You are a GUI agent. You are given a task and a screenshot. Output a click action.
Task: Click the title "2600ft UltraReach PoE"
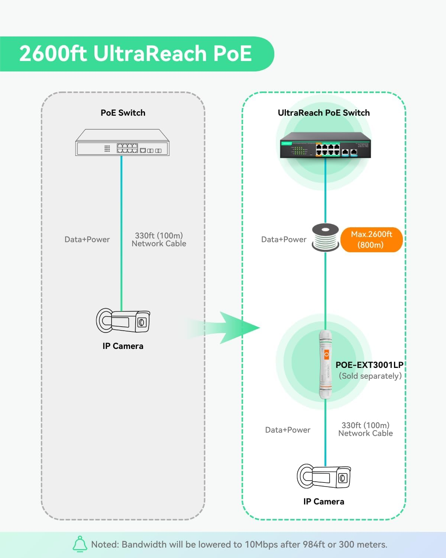[x=136, y=54]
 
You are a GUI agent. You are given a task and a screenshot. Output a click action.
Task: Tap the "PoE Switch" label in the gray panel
[x=123, y=113]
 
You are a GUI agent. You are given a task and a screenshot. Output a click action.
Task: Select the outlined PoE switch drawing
[x=122, y=143]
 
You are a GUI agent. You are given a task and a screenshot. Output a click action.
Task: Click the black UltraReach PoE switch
[x=325, y=145]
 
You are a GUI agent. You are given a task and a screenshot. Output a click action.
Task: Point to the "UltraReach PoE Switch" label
[x=324, y=113]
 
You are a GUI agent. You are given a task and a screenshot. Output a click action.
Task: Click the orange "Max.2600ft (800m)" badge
[x=371, y=240]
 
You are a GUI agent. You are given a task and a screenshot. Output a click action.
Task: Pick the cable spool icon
[x=326, y=237]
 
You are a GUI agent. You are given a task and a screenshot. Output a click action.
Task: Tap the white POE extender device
[x=326, y=365]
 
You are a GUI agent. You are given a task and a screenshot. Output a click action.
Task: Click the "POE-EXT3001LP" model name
[x=369, y=365]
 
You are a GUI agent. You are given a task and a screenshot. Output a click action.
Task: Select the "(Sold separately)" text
[x=370, y=376]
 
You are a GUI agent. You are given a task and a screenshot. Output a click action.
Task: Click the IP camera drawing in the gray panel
[x=123, y=321]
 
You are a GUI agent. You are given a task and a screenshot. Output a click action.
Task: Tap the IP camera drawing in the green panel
[x=324, y=477]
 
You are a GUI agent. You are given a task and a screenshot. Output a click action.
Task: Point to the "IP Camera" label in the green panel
[x=324, y=501]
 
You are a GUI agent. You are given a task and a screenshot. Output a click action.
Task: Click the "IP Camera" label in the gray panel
[x=123, y=346]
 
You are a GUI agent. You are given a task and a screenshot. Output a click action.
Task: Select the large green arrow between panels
[x=230, y=328]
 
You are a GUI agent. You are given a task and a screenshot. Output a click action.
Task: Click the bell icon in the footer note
[x=80, y=544]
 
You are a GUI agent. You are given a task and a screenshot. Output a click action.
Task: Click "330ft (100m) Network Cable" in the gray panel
[x=159, y=240]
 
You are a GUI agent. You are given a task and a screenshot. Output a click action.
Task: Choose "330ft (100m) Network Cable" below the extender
[x=365, y=429]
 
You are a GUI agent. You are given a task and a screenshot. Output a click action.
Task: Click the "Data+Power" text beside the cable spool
[x=284, y=240]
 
